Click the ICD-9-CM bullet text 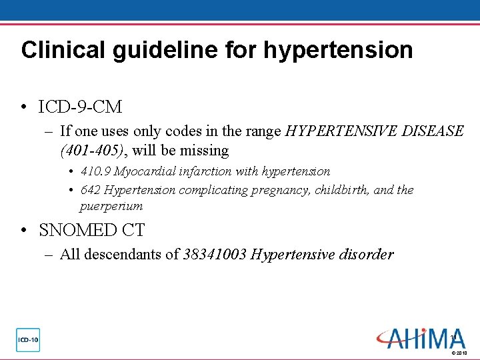click(81, 107)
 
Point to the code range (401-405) click(89, 151)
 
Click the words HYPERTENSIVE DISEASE click(374, 131)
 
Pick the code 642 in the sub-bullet click(90, 190)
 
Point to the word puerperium click(111, 207)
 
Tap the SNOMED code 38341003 click(215, 254)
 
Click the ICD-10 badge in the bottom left click(28, 340)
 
